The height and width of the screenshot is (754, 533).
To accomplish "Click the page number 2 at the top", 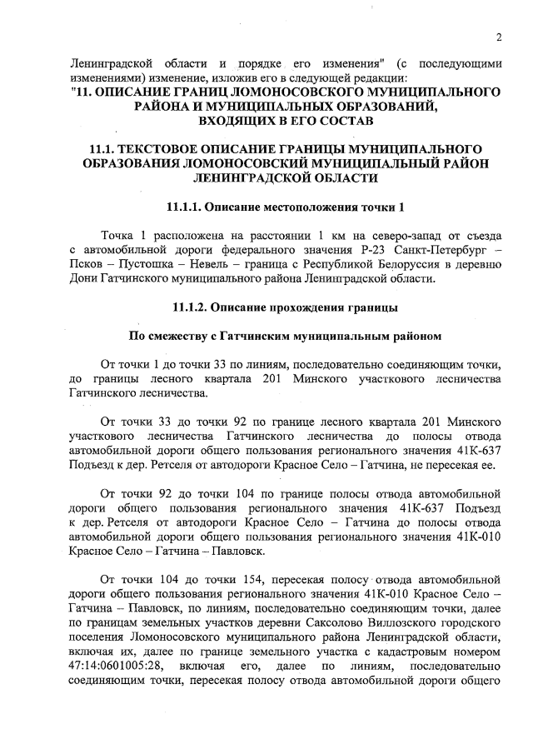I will coord(498,37).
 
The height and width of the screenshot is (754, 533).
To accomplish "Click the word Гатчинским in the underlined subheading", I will coord(265,337).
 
